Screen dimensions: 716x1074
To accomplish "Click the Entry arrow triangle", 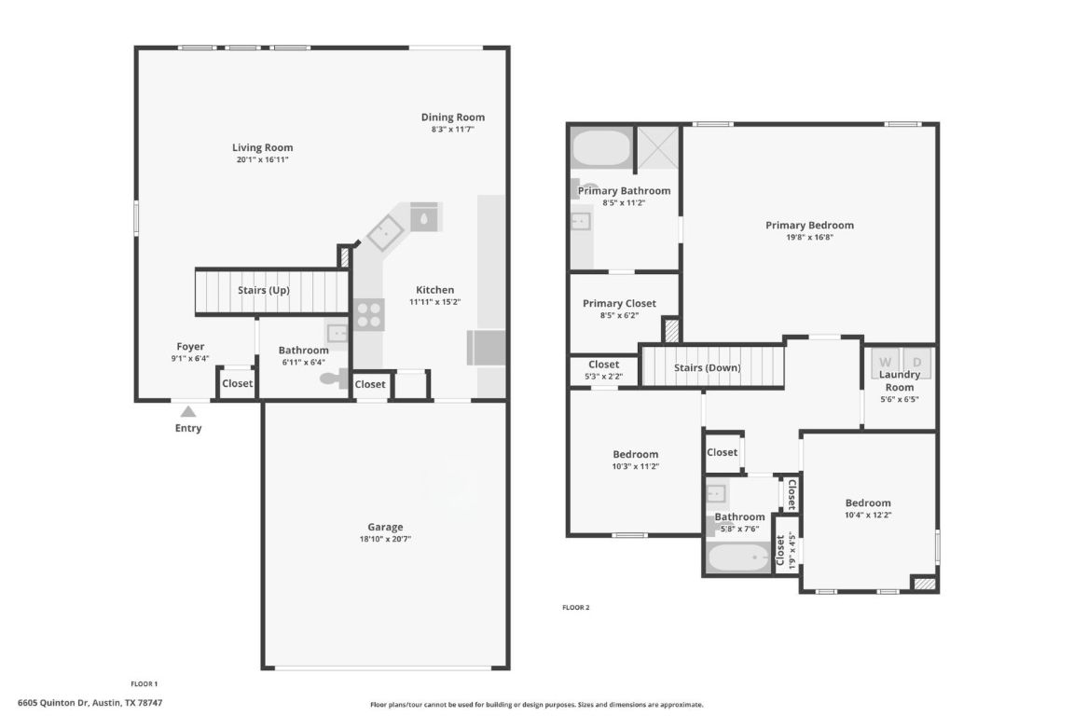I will (x=188, y=410).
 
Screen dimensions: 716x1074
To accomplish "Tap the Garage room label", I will (x=385, y=527).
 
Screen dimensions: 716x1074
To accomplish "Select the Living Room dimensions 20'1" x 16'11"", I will (x=262, y=160).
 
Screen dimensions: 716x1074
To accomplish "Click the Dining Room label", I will (x=453, y=117).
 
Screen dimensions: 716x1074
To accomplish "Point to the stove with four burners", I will (x=368, y=313).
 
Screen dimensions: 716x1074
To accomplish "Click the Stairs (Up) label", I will (x=263, y=290).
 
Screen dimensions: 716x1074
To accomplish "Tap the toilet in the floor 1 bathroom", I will (x=332, y=379).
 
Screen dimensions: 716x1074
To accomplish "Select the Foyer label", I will (x=190, y=346).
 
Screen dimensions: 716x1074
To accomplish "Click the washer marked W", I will (x=886, y=361).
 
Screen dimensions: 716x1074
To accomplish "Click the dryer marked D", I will (x=916, y=361).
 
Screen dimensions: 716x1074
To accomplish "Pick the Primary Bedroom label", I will (x=809, y=225).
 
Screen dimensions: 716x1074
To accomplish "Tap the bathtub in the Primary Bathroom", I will (x=600, y=147).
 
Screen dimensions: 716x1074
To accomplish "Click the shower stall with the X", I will (x=658, y=145).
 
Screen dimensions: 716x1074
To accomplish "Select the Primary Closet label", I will (x=619, y=303).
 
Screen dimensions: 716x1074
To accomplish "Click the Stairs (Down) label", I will (x=707, y=367).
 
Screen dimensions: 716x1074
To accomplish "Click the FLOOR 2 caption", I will (x=575, y=607).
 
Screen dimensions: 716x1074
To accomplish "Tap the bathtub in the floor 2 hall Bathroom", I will (x=738, y=558).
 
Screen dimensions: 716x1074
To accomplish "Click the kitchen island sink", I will (x=424, y=217).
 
